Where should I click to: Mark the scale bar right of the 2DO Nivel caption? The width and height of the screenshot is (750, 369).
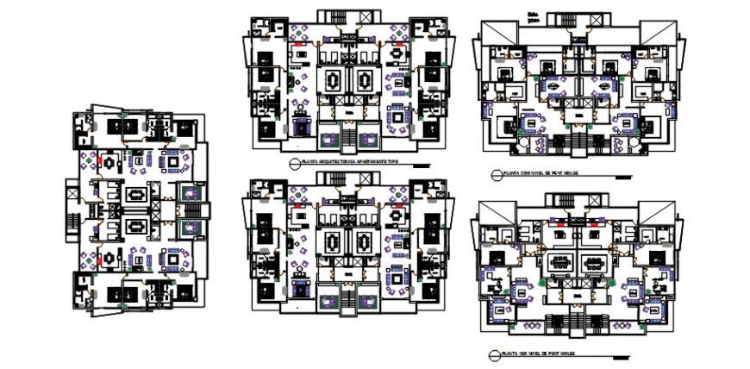[622, 176]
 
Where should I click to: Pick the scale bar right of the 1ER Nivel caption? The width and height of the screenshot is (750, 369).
[614, 353]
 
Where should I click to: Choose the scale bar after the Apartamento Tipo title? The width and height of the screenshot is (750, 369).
[420, 164]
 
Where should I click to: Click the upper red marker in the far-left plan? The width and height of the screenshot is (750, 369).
[108, 159]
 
